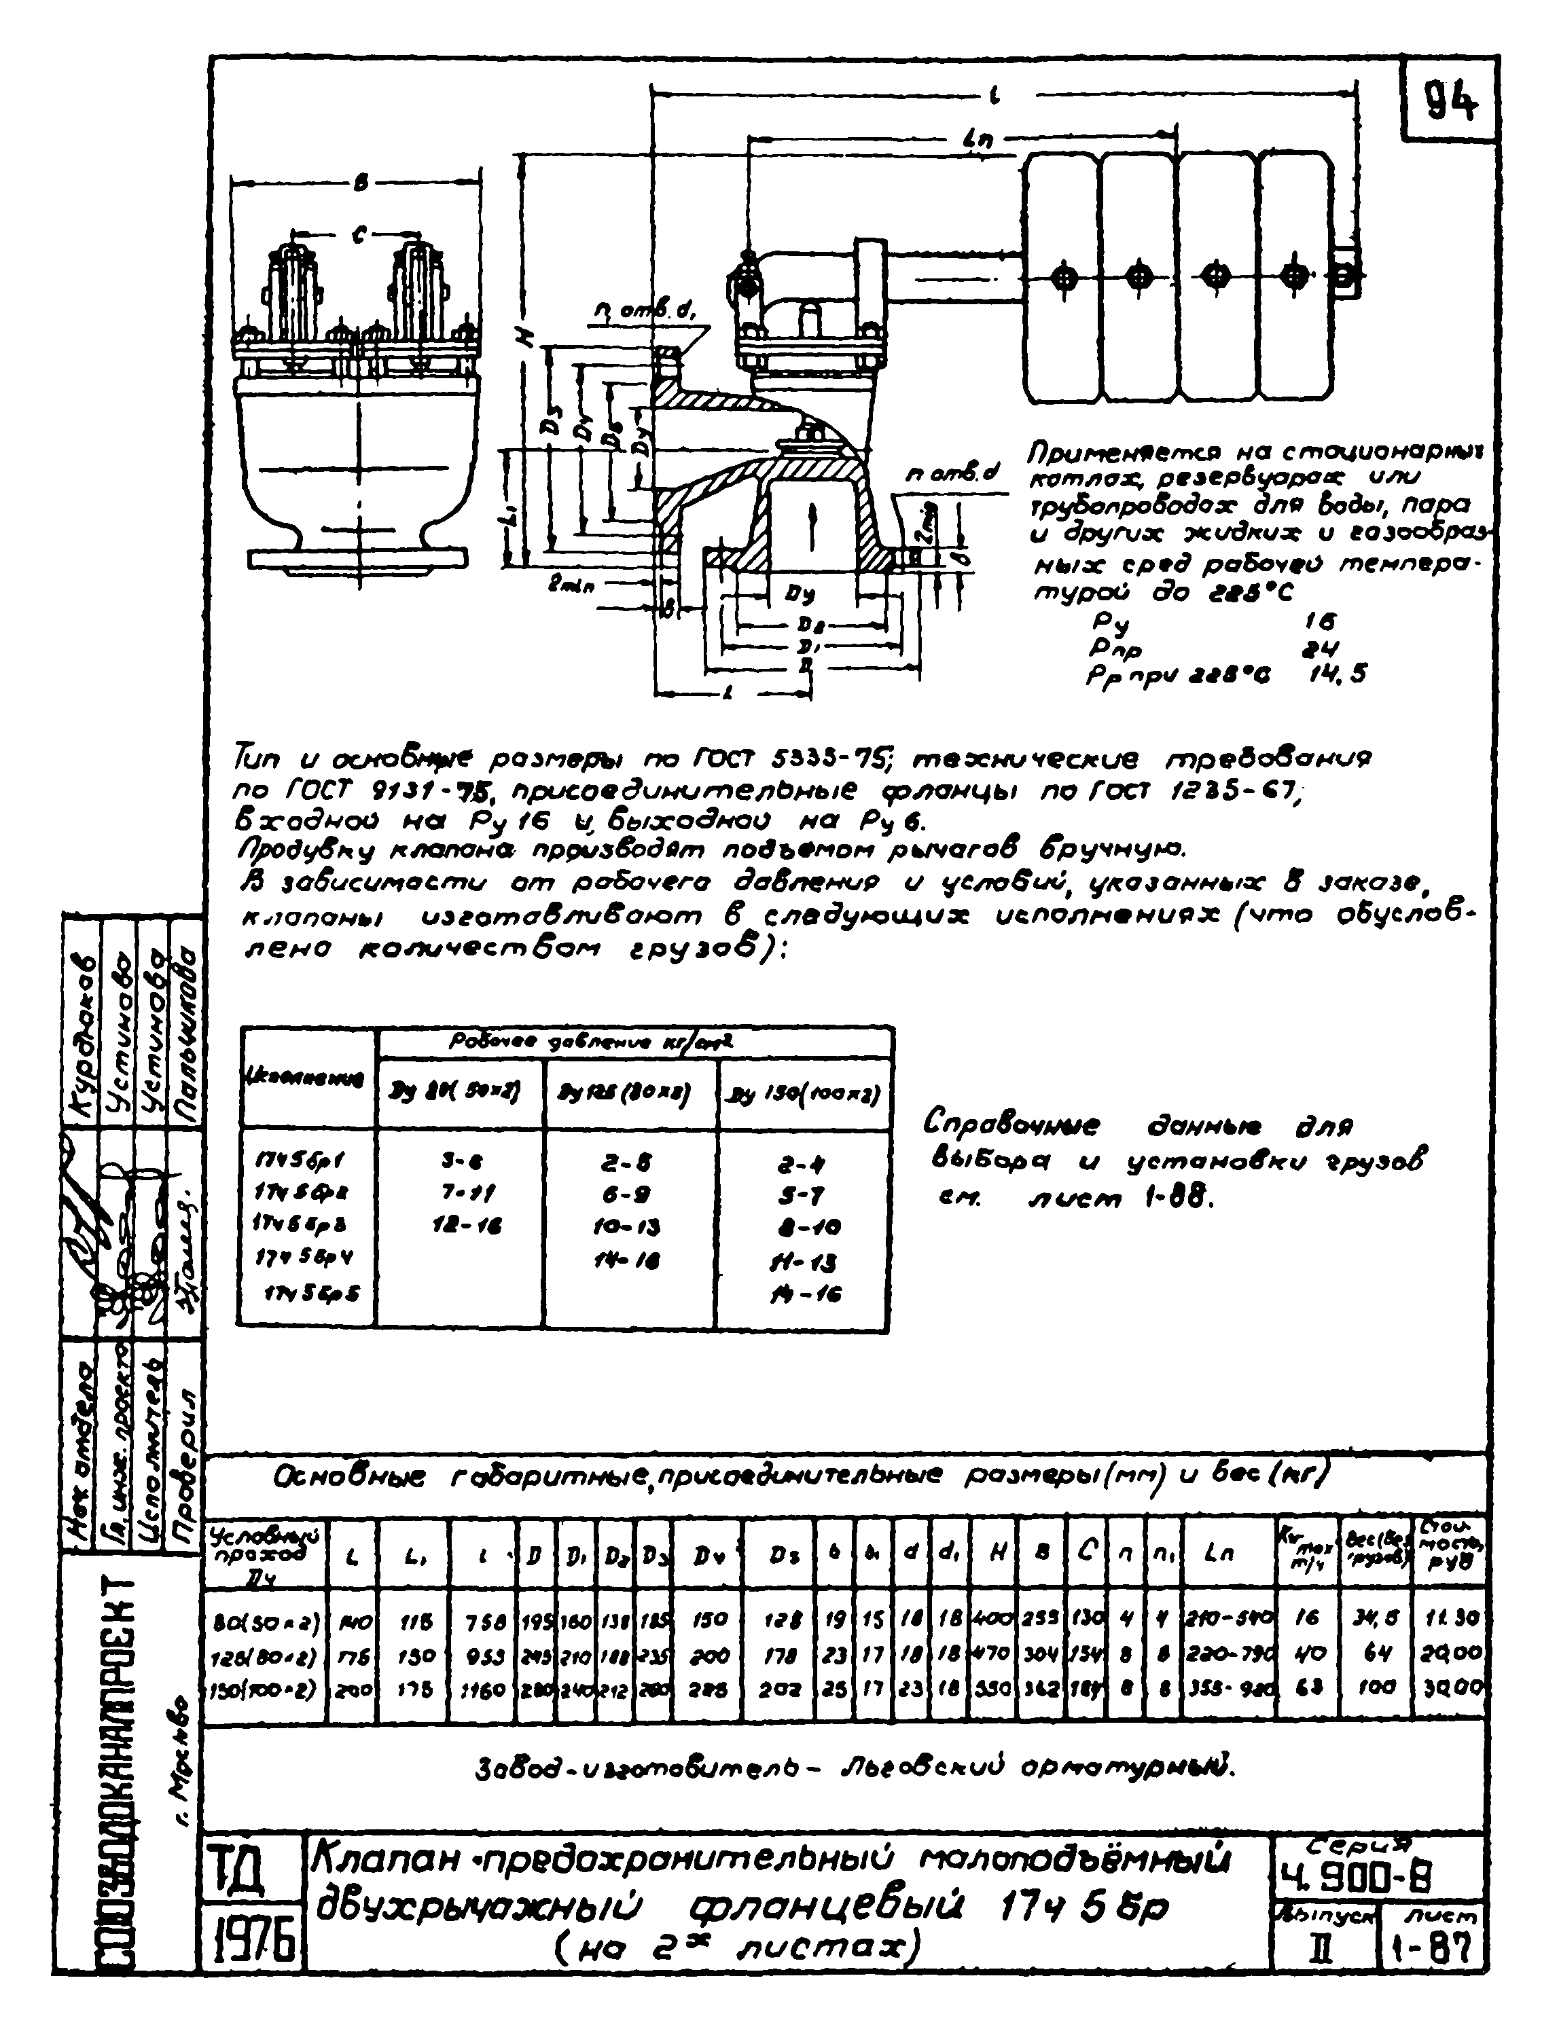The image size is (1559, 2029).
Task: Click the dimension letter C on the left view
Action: click(358, 236)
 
